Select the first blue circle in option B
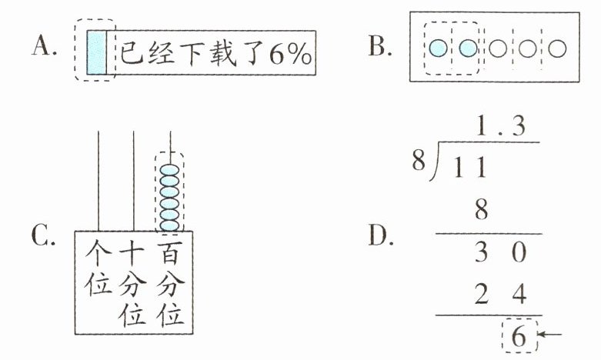[438, 48]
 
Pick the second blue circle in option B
[467, 48]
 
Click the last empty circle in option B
[556, 48]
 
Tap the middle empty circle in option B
[527, 48]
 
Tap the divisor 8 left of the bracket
[417, 163]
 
